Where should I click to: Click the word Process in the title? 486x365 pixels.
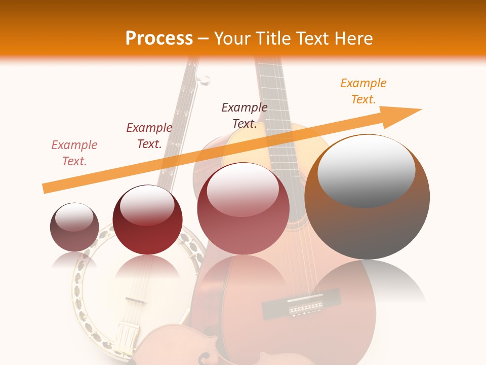pos(159,38)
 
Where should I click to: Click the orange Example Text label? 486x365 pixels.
pos(363,91)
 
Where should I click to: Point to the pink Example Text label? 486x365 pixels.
pos(74,153)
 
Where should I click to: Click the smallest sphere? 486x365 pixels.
pos(74,227)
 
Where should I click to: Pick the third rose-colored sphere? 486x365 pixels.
pos(243,208)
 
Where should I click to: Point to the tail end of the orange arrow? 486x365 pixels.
pos(45,189)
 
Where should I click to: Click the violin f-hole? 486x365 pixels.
pos(202,358)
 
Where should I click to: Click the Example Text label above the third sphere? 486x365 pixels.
pos(245,115)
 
